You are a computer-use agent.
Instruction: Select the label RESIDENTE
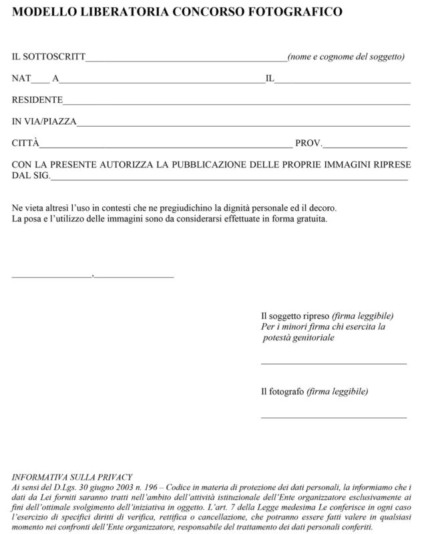click(37, 101)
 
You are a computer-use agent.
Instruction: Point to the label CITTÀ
click(26, 144)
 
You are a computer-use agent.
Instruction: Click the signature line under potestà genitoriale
click(333, 363)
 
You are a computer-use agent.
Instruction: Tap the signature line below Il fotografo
click(333, 417)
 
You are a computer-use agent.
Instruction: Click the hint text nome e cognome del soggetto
click(347, 57)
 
